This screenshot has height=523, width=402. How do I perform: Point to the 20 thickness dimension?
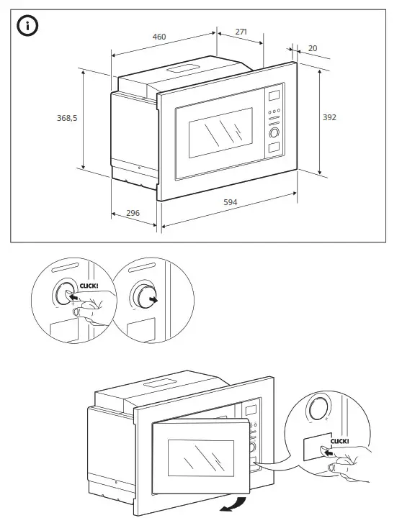tap(312, 48)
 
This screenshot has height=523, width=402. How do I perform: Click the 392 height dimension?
tap(329, 117)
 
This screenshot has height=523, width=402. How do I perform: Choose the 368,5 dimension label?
tap(67, 117)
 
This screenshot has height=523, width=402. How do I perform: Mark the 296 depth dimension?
tap(133, 213)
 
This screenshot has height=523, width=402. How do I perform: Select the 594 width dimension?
tap(230, 203)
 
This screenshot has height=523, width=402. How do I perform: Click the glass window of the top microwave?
tap(220, 134)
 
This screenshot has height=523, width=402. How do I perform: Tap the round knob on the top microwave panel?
tap(274, 133)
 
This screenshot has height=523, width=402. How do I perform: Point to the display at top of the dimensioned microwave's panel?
tap(274, 95)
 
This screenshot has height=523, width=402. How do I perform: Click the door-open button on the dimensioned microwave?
tap(274, 149)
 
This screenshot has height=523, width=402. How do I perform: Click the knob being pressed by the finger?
tap(65, 296)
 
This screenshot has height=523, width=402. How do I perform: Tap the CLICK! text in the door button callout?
tap(340, 442)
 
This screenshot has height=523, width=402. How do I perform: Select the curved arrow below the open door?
tap(236, 504)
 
